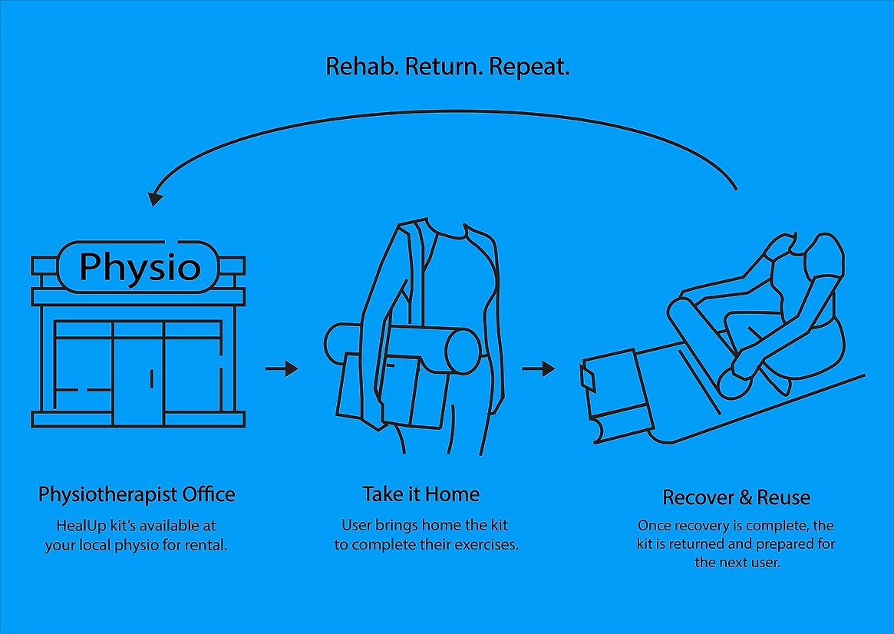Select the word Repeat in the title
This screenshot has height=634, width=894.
(529, 67)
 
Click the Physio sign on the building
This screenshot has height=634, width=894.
(139, 266)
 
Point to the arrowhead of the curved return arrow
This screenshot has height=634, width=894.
(155, 197)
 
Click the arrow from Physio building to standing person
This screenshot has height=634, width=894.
(281, 368)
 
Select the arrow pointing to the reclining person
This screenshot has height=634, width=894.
(539, 368)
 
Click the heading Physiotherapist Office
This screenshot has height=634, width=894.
(137, 494)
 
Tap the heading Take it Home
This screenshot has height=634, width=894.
(421, 494)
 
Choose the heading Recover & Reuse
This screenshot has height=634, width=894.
(736, 497)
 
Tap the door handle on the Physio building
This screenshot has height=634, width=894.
(152, 378)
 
